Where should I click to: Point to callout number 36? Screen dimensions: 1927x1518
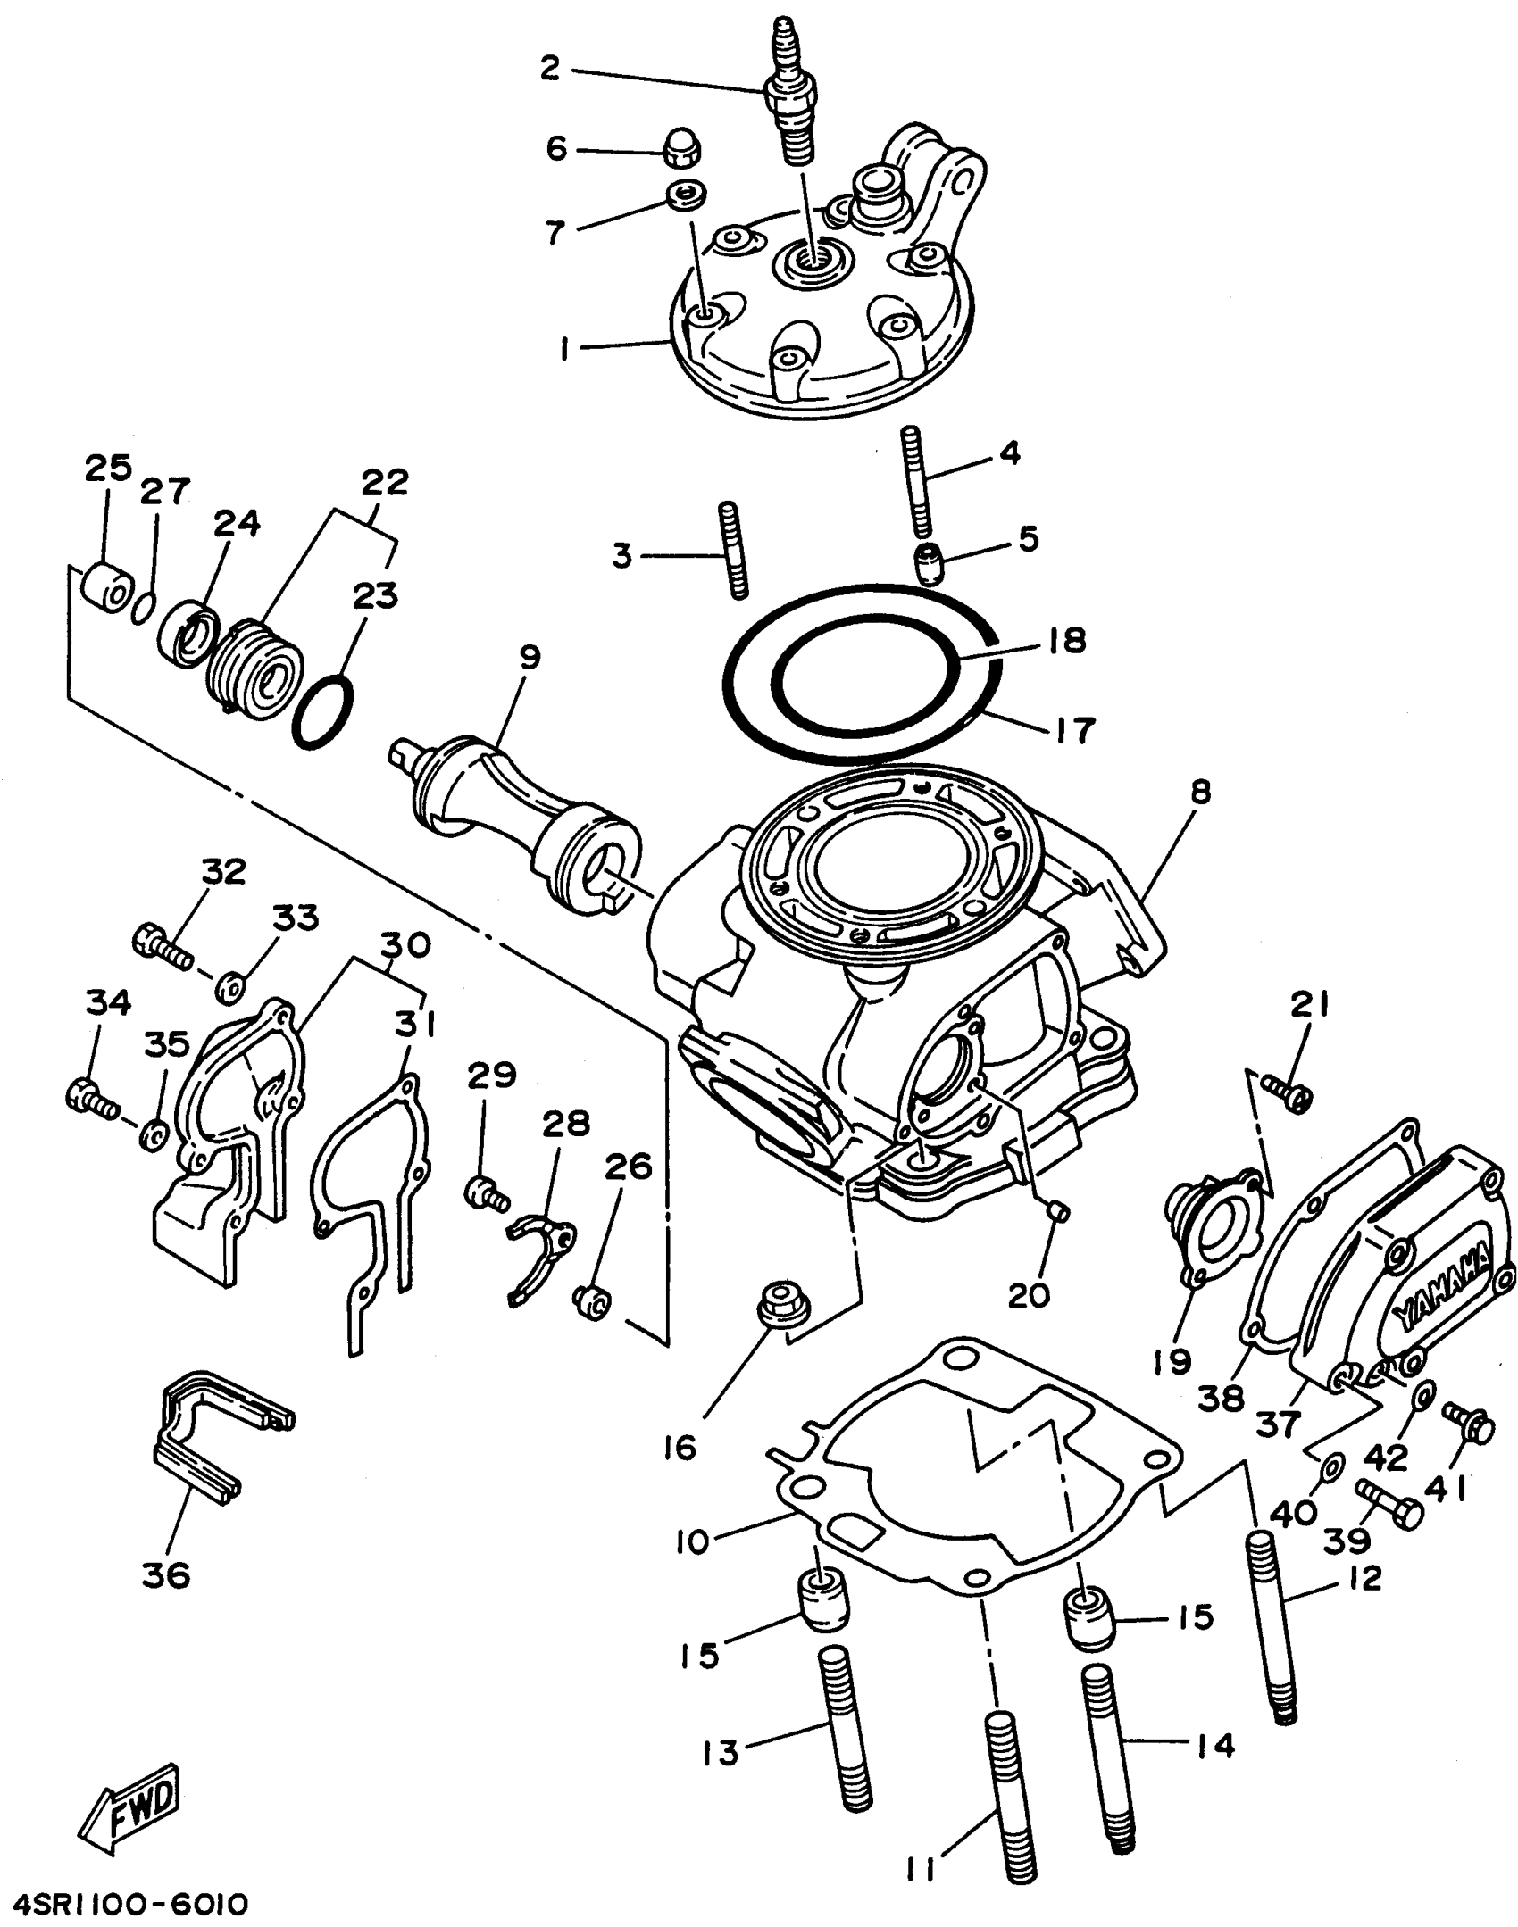tap(166, 1575)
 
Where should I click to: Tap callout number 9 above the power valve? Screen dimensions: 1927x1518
tap(530, 658)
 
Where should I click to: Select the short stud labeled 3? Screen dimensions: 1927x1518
tap(731, 550)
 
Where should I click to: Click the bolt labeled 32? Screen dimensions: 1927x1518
tap(163, 949)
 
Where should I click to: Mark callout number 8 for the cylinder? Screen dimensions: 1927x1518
tap(1200, 792)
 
